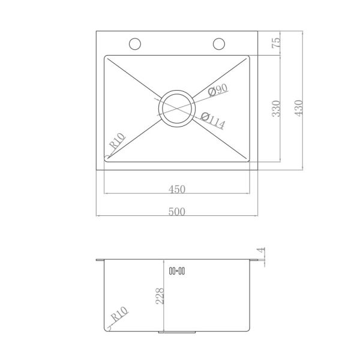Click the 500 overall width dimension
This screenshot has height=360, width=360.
point(176,211)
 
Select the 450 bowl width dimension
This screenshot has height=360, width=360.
point(176,188)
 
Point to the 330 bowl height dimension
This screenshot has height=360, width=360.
point(277,109)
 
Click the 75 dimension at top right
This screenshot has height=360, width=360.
point(277,44)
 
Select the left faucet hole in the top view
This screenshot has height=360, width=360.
point(135,44)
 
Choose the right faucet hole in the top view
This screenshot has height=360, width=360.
point(219,44)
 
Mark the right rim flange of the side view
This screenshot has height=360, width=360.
point(256,260)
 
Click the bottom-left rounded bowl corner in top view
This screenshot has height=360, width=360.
point(107,158)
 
